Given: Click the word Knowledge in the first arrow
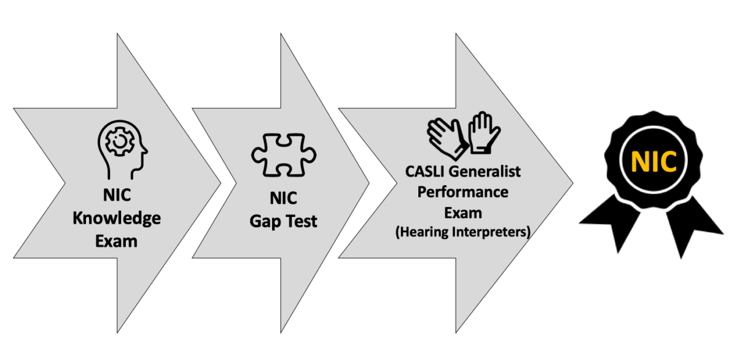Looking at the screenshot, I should click(116, 219).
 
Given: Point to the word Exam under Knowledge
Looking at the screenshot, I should click(116, 240).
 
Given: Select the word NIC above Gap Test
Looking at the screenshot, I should click(284, 198).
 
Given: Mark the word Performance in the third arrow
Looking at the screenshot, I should click(463, 192).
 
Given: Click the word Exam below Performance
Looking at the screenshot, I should click(463, 212).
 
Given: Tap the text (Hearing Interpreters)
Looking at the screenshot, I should click(463, 232).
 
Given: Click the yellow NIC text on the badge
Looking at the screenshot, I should click(654, 161).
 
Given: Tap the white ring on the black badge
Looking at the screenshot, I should click(654, 130).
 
